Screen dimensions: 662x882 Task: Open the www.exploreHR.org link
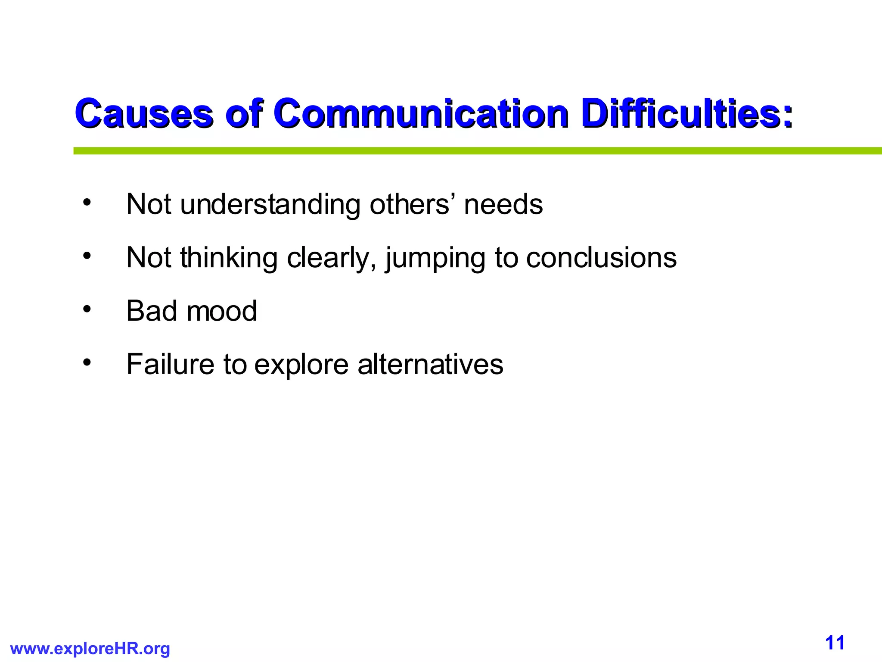click(x=90, y=648)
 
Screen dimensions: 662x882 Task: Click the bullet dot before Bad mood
click(x=87, y=309)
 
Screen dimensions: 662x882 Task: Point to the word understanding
click(x=270, y=204)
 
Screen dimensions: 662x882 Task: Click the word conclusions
click(x=601, y=258)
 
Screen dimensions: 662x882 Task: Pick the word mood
click(x=221, y=311)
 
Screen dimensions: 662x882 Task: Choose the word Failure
click(x=170, y=364)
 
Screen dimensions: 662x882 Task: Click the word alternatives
click(x=430, y=364)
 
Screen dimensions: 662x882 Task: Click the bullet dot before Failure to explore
click(x=87, y=362)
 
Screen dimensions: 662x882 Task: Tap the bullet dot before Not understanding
click(x=87, y=202)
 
